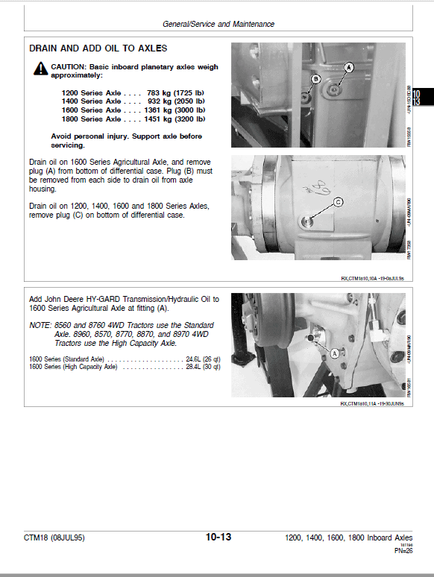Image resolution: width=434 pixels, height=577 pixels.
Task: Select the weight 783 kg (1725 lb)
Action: click(x=175, y=92)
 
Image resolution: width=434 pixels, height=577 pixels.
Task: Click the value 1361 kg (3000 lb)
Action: click(x=175, y=110)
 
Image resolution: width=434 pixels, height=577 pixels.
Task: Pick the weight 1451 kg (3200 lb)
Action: click(x=175, y=119)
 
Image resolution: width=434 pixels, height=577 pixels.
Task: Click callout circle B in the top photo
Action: click(x=315, y=78)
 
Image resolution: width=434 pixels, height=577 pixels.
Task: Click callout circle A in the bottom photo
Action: click(x=335, y=353)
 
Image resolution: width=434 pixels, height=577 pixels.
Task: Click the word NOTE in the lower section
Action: click(x=40, y=326)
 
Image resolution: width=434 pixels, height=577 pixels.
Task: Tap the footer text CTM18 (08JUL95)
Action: click(x=54, y=538)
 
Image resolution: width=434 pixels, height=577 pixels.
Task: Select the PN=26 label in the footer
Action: click(x=403, y=552)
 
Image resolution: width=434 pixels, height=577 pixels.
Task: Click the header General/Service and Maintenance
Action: click(x=218, y=24)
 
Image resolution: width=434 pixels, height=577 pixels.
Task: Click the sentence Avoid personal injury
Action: click(x=126, y=137)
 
